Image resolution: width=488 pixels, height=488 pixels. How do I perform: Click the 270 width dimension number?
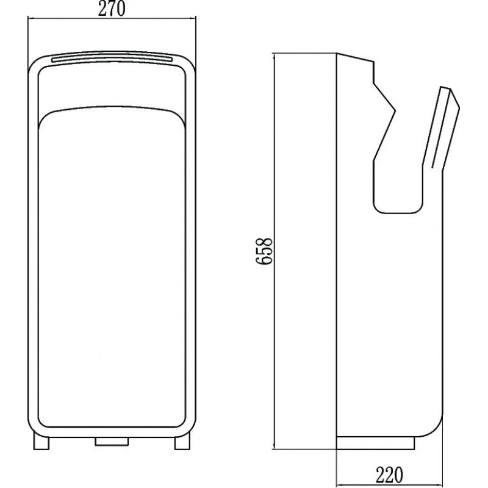pyautogui.click(x=112, y=9)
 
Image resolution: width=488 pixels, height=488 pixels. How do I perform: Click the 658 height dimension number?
pyautogui.click(x=264, y=251)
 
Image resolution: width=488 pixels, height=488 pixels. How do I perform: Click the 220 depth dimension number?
pyautogui.click(x=389, y=475)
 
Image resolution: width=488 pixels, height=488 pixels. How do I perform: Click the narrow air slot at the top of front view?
pyautogui.click(x=112, y=57)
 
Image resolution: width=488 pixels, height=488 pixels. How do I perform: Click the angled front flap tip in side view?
pyautogui.click(x=450, y=88)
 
